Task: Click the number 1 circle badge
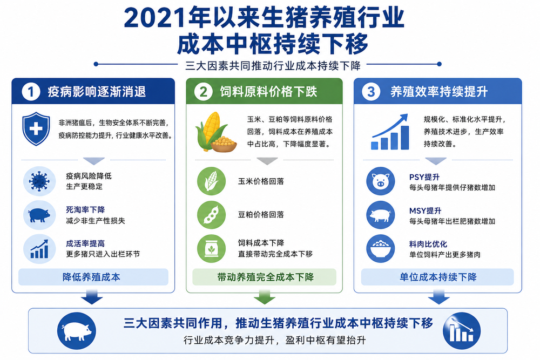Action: click(x=31, y=92)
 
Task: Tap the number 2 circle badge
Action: click(x=203, y=92)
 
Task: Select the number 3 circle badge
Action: click(x=371, y=92)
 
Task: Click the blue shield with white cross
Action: click(x=36, y=128)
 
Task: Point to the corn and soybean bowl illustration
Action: click(x=216, y=132)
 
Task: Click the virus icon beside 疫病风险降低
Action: click(x=39, y=181)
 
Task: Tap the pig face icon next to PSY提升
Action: click(x=381, y=181)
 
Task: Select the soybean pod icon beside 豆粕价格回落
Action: click(x=212, y=215)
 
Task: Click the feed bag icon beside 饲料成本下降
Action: click(x=212, y=248)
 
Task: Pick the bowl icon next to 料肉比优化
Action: click(x=381, y=248)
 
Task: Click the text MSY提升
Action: click(x=426, y=210)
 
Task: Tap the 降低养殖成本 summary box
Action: click(x=93, y=277)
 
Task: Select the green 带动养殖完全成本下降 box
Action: click(x=264, y=277)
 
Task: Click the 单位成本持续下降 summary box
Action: click(x=437, y=277)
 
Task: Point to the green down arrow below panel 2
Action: click(x=265, y=297)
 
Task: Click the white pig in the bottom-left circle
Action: click(x=77, y=331)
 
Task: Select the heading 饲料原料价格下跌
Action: click(x=268, y=92)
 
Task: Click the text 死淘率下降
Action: click(x=85, y=209)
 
